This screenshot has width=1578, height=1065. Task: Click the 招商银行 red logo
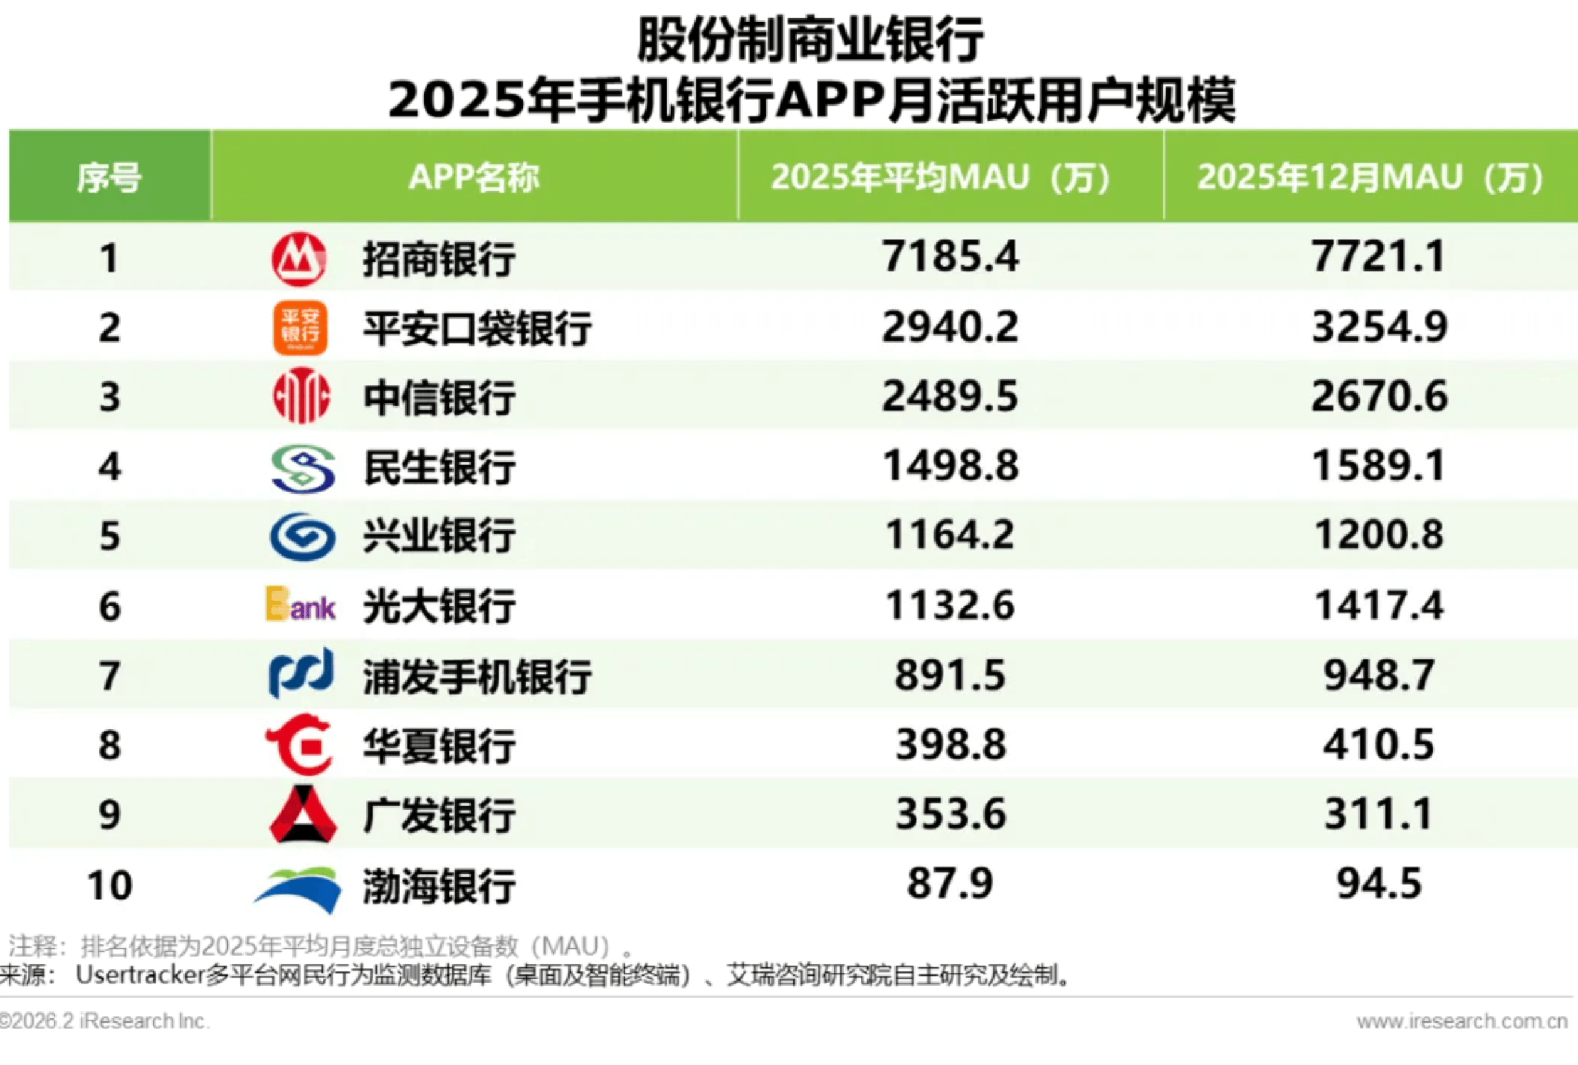coord(299,259)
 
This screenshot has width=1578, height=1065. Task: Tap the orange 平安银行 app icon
coord(300,328)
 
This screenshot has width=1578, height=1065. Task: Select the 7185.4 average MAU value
coord(950,257)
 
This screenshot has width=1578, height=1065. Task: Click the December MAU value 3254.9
coord(1379,327)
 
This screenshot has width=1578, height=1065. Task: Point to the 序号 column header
coord(109,178)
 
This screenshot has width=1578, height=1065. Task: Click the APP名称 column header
coord(474,178)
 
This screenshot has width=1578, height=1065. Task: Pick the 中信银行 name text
coord(439,398)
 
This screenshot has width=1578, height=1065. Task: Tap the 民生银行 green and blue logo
coord(302,468)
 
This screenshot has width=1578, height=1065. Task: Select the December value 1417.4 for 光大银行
coord(1379,605)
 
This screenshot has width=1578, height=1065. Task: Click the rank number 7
coord(109,676)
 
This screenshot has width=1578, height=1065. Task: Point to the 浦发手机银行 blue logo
coord(300,673)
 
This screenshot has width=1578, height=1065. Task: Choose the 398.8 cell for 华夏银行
coord(950,745)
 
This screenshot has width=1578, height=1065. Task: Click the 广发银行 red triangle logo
coord(302,814)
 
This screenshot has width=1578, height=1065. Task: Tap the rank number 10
coord(109,885)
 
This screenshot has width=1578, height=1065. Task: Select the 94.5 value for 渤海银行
coord(1379,884)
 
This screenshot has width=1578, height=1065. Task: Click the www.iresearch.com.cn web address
coord(1461,1021)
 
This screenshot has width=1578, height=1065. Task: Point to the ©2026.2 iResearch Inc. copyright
coord(104,1021)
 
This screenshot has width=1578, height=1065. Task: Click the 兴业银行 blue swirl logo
coord(302,537)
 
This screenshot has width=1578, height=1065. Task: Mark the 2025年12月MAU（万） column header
coord(1370,178)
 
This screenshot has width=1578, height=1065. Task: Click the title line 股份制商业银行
coord(810,39)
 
